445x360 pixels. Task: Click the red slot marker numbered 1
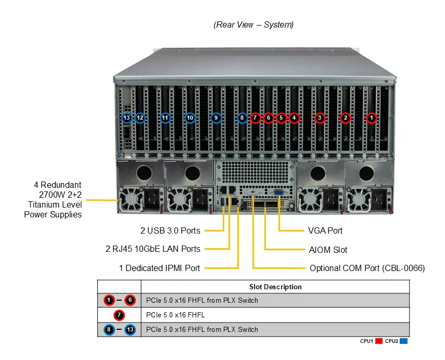click(x=371, y=118)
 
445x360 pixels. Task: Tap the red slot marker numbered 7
click(x=255, y=118)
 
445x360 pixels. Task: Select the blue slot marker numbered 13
click(x=126, y=118)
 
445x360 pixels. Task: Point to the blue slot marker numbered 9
click(x=216, y=118)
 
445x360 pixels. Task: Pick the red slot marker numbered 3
click(x=320, y=118)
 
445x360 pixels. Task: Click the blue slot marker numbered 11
click(x=165, y=118)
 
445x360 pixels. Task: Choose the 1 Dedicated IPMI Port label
click(x=159, y=268)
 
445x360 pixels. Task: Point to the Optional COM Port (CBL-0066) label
click(x=367, y=268)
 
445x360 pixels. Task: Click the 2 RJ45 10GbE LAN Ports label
click(x=152, y=249)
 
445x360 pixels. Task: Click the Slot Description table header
click(x=275, y=287)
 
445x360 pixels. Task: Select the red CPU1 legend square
click(x=379, y=341)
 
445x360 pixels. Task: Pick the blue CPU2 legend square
click(x=403, y=341)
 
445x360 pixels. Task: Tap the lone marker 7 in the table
click(x=119, y=315)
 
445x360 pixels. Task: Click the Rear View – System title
click(x=253, y=24)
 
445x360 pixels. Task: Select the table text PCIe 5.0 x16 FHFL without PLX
click(x=175, y=315)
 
